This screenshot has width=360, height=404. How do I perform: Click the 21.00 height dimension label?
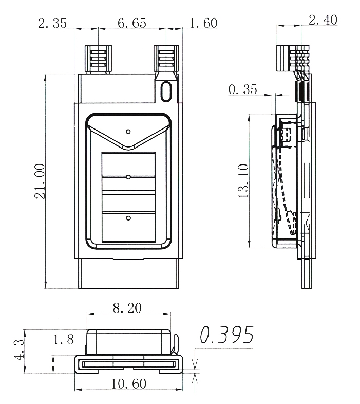[40, 181]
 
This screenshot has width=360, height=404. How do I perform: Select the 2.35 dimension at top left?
[52, 23]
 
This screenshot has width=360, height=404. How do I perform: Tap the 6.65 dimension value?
[132, 23]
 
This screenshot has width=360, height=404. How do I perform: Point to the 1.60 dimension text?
[203, 23]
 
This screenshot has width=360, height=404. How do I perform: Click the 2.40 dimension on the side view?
[323, 20]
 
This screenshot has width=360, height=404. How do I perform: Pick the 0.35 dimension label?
[242, 89]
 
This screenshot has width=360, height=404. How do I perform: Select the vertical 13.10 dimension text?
[243, 180]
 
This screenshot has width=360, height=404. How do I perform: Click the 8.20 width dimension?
[127, 308]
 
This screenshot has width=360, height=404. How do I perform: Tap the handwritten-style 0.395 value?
[226, 335]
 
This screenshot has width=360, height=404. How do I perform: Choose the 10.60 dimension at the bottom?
[129, 383]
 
